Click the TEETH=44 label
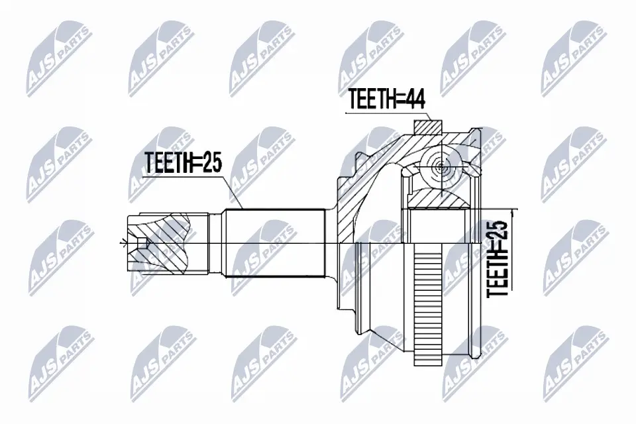tap(386, 101)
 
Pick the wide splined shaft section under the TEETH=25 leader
tap(275, 244)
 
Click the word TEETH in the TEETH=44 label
tap(371, 101)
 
